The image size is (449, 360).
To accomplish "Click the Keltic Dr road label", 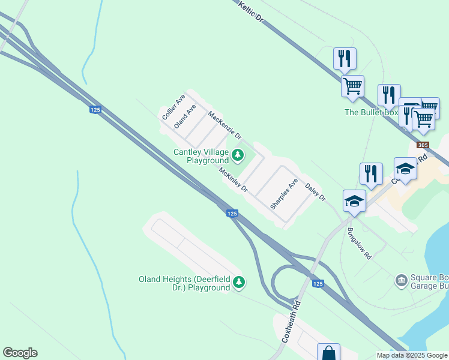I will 251,12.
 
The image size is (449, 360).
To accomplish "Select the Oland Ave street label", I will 185,116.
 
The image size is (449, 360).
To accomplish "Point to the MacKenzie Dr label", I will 224,124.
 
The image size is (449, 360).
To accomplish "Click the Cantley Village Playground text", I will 201,156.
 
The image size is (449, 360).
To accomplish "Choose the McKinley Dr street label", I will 234,179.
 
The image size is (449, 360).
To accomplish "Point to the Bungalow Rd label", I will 360,244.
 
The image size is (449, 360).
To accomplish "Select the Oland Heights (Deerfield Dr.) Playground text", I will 184,283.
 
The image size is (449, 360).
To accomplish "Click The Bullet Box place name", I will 371,112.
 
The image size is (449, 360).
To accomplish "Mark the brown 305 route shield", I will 423,145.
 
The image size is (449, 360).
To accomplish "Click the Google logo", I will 20,353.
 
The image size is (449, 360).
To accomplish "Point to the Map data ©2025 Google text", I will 412,355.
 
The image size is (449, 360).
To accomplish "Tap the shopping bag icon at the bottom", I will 328,353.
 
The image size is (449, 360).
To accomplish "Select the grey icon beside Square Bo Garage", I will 401,280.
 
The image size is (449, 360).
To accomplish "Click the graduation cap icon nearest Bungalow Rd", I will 354,202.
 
